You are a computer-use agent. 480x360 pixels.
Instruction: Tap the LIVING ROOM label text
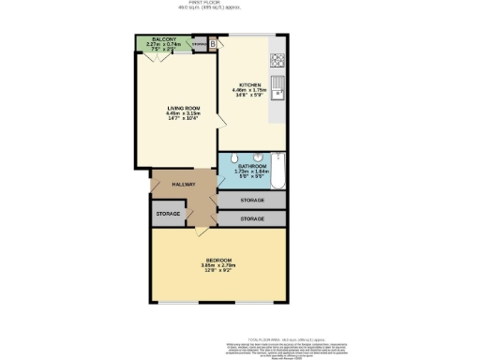172,110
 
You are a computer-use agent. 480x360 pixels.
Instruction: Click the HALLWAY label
184,185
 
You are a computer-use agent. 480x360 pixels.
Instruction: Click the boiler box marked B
213,43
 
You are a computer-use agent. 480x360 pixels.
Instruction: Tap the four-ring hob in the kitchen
277,62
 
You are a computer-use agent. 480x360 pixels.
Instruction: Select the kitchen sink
277,93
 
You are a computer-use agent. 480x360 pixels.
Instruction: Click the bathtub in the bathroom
277,172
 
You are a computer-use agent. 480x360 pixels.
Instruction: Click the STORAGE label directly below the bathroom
251,201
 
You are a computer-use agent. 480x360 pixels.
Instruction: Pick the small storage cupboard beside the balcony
198,44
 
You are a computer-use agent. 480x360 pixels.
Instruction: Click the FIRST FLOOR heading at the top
239,4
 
